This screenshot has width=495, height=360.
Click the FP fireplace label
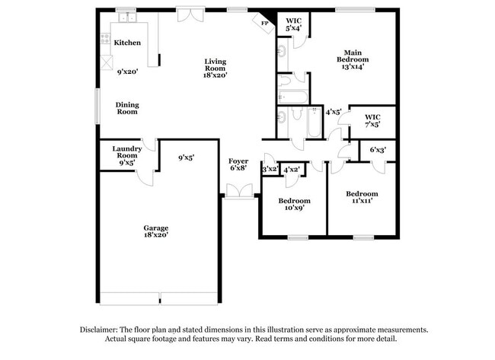265,24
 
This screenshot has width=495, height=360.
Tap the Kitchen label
127,43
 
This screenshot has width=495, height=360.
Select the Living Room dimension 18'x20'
216,75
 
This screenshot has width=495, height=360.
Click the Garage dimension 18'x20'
156,235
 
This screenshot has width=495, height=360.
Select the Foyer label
238,161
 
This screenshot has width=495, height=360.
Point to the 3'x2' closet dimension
270,170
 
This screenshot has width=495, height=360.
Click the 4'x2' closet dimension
291,170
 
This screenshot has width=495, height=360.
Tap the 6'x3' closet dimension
377,150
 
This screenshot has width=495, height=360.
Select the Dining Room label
127,108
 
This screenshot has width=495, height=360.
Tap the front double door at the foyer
238,196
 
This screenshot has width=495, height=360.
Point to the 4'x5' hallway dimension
333,112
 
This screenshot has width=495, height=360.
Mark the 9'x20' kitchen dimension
127,72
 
